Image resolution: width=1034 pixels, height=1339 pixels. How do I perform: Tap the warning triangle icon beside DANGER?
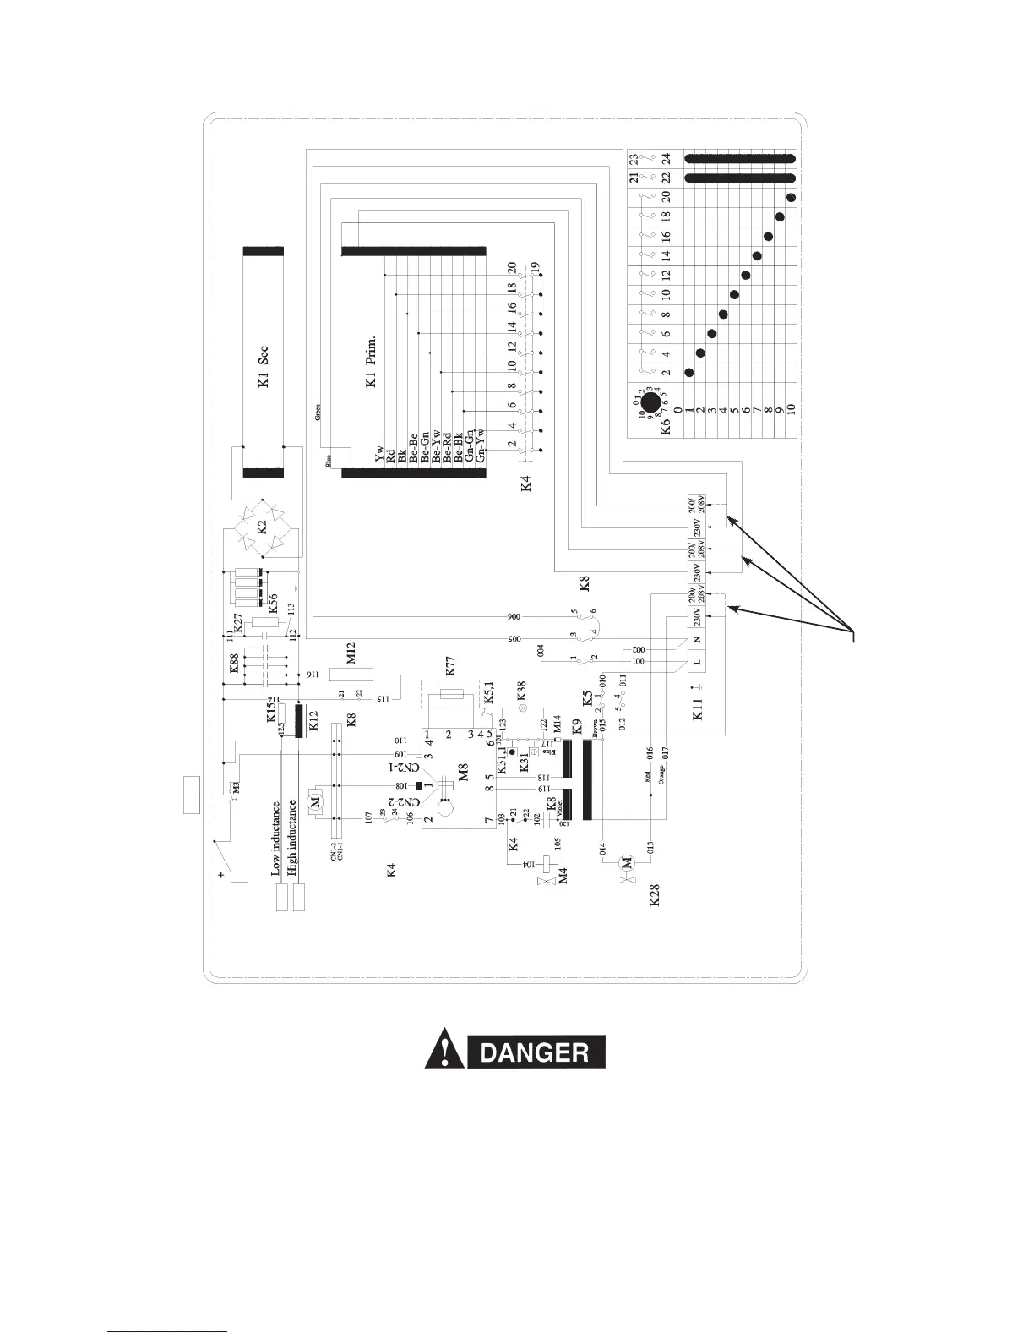(441, 1052)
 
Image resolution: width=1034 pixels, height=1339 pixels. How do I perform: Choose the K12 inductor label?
(313, 721)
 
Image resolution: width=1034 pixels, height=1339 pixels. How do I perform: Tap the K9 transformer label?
(577, 724)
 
